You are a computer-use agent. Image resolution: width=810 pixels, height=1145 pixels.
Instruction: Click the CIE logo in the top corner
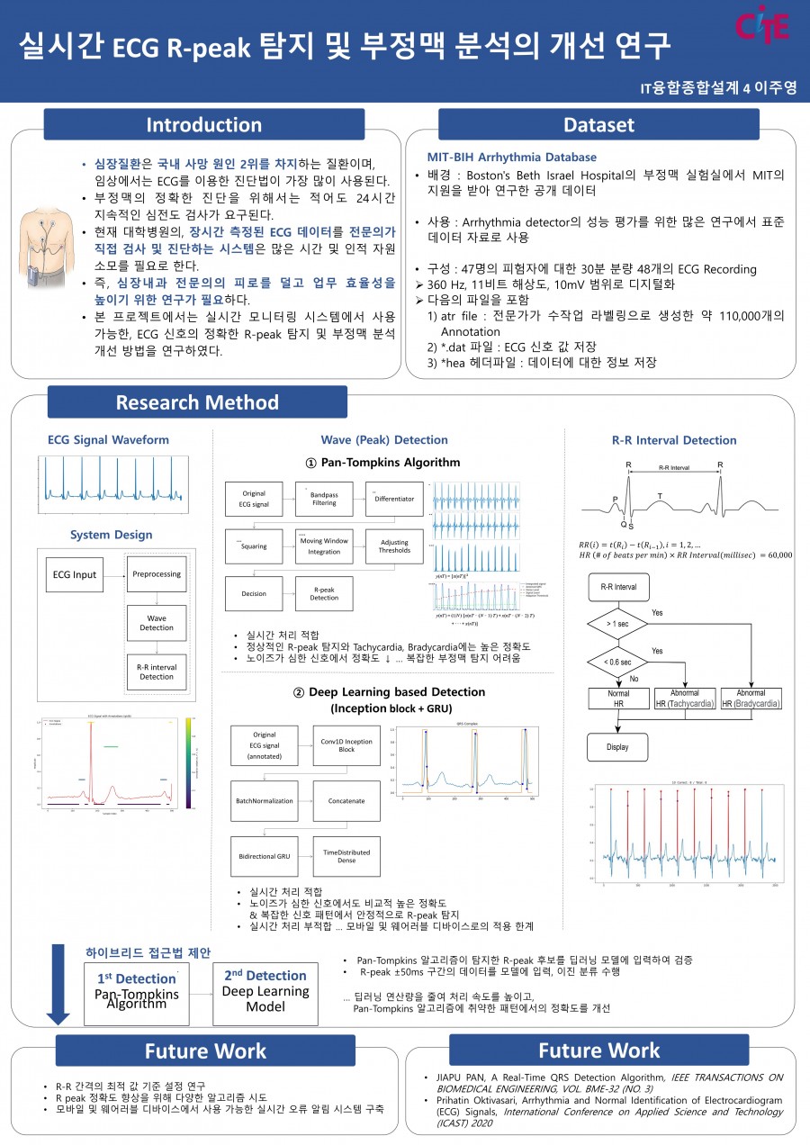(x=762, y=25)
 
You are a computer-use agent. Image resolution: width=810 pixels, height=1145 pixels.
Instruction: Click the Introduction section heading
(x=204, y=124)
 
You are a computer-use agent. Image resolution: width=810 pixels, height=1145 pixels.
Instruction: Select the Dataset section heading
(x=598, y=124)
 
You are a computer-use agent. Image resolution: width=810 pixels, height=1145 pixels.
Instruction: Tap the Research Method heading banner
(x=197, y=401)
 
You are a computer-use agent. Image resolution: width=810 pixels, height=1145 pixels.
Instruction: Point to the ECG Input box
(x=73, y=574)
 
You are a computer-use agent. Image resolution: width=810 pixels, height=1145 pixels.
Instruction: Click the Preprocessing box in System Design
(x=157, y=573)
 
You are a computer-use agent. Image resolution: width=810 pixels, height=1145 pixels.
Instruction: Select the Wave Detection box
(x=157, y=621)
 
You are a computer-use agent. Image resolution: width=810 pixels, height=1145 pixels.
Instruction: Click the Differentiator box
(x=394, y=498)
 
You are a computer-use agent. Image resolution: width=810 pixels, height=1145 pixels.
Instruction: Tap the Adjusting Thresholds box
(x=394, y=545)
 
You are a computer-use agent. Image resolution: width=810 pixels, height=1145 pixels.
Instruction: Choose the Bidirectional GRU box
(x=264, y=852)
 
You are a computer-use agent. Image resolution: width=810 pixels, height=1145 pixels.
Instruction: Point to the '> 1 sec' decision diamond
(x=617, y=623)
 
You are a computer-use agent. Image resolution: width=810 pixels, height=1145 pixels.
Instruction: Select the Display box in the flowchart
(x=617, y=746)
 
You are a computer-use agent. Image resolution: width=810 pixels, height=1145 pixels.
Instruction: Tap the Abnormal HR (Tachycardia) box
(x=685, y=699)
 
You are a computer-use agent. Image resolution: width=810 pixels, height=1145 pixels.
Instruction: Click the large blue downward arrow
(x=58, y=984)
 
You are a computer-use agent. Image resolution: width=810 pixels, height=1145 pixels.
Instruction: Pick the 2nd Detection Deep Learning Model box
(x=265, y=992)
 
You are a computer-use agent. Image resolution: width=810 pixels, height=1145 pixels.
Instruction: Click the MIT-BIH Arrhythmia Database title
(x=511, y=157)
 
